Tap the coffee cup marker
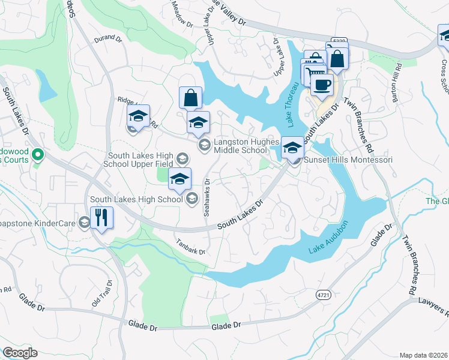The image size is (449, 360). (x=321, y=85)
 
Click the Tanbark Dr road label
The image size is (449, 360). (x=191, y=245)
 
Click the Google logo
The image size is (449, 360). (x=20, y=353)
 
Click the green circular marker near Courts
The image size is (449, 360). (x=37, y=156)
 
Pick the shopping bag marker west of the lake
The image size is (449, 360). (x=190, y=97)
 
